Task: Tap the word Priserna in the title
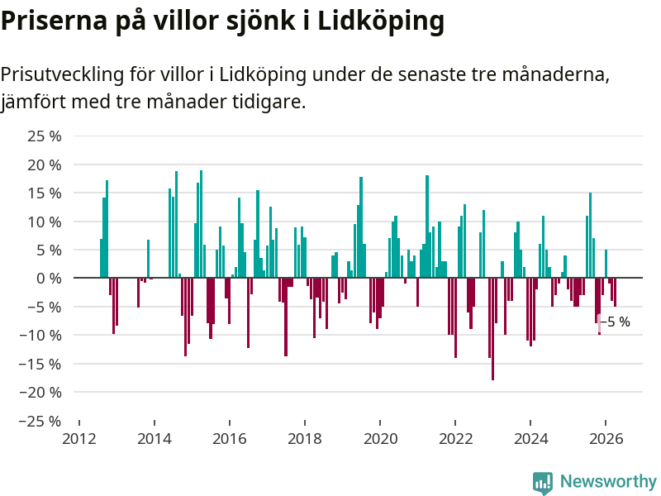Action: coord(54,20)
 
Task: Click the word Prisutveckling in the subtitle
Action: coord(63,75)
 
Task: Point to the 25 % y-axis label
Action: coord(45,136)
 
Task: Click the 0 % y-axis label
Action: coord(49,279)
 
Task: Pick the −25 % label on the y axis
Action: coord(40,421)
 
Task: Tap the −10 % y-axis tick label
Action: coord(40,336)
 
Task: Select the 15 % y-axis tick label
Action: coord(45,193)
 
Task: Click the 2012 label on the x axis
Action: coord(79,439)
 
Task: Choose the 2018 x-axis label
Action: coord(305,439)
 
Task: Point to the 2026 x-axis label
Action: coord(606,439)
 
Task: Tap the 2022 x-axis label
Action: coord(455,439)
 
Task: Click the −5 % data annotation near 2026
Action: coord(616,322)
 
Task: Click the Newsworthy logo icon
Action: coord(543,483)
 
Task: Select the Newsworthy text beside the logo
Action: coord(608,481)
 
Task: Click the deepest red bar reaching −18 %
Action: coord(492,329)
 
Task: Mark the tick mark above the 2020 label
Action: coord(380,423)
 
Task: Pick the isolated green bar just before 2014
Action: coord(149,259)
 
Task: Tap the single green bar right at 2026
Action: coord(606,264)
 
